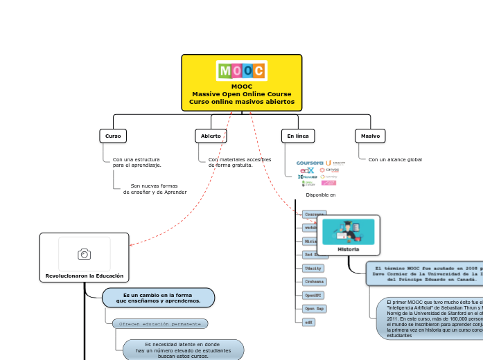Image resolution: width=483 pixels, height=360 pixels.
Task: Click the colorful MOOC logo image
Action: point(242,71)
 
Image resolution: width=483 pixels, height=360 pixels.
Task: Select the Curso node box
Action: point(113,136)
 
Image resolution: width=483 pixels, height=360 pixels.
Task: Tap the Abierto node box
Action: point(211,136)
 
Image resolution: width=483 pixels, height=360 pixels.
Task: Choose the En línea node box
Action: point(298,136)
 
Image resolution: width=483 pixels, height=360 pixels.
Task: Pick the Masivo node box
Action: point(370,136)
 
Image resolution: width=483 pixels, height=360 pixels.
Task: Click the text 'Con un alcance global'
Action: point(395,160)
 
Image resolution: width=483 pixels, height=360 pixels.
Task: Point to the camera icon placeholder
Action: point(85,254)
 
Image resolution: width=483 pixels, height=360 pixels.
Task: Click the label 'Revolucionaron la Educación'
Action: point(85,276)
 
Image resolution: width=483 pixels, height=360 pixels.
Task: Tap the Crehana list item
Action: point(314,282)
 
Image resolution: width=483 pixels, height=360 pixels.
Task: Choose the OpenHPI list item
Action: point(314,295)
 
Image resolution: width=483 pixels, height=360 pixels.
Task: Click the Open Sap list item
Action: point(315,308)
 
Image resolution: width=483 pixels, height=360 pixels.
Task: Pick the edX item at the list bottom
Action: point(309,322)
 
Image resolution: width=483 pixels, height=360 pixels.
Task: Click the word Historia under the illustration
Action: point(349,249)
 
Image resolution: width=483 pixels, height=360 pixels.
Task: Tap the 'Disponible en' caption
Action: point(321,195)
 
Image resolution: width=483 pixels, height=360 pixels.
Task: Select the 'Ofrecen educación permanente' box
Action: point(160,323)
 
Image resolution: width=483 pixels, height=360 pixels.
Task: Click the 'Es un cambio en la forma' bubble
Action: point(158,298)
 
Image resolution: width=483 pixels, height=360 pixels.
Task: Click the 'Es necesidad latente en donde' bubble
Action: point(183,350)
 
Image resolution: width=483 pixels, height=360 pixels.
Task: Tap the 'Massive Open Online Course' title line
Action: point(242,94)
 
